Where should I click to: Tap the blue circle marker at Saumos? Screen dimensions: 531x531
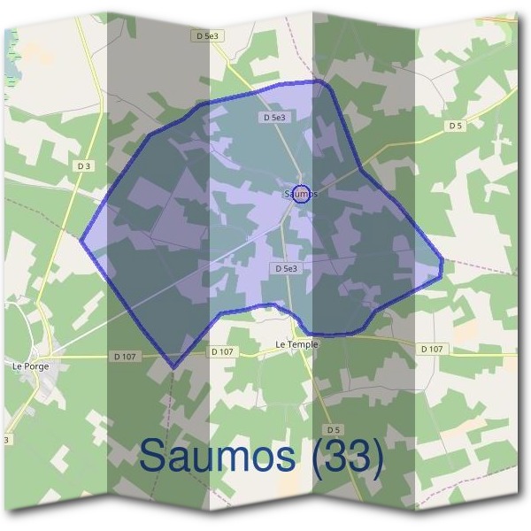click(302, 194)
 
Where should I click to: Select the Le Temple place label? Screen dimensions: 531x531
click(296, 344)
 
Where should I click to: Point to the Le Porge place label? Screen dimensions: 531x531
click(29, 365)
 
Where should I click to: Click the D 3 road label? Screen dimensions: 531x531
click(84, 165)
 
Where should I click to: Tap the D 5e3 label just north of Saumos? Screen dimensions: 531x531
click(274, 117)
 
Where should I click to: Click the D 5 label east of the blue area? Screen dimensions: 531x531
click(455, 126)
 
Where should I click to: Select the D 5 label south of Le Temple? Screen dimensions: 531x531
click(333, 430)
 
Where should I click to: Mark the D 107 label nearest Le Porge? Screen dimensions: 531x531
click(125, 356)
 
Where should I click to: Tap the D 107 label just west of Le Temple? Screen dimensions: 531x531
click(223, 351)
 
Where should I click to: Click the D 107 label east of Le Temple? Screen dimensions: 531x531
click(431, 350)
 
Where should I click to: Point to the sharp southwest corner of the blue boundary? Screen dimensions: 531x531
click(173, 367)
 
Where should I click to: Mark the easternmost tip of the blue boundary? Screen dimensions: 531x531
click(442, 265)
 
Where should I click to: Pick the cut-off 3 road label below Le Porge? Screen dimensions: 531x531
click(7, 439)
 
